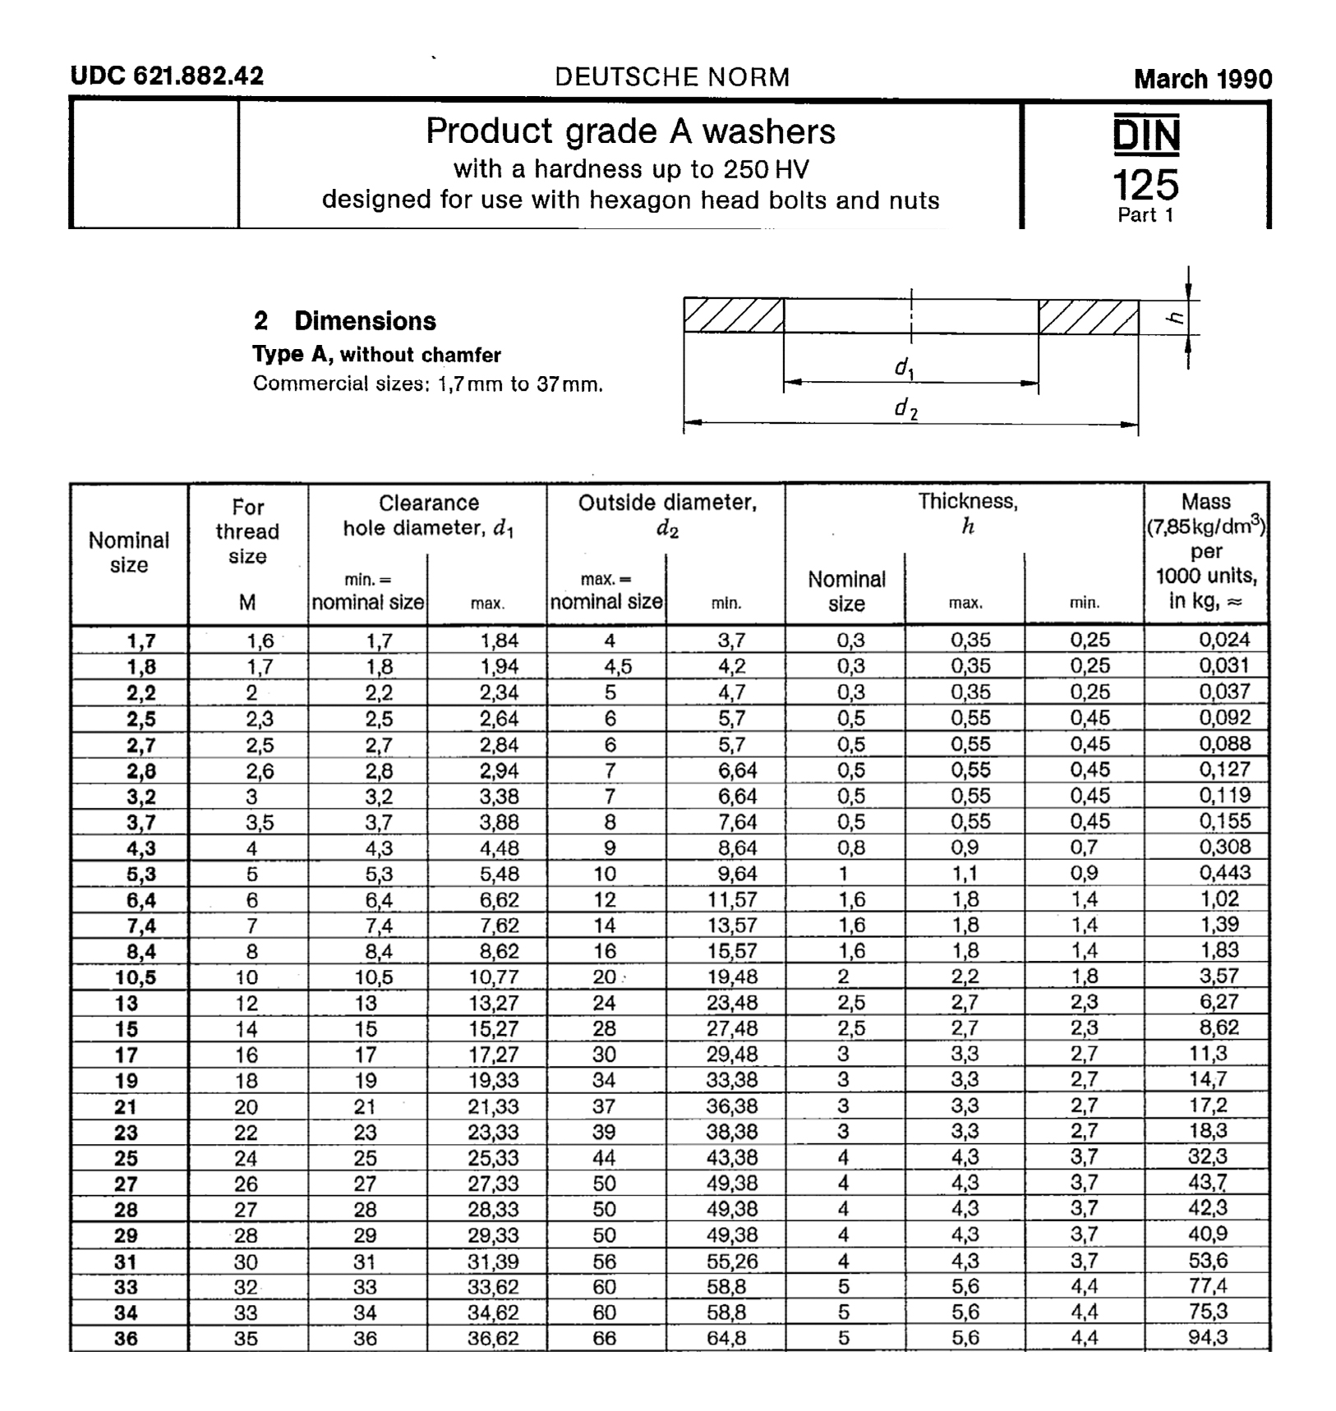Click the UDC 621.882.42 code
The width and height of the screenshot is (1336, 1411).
pos(167,76)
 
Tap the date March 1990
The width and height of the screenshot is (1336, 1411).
pos(1202,79)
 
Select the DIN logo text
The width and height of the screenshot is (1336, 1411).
pos(1146,136)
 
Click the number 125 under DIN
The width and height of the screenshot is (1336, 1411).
pos(1145,184)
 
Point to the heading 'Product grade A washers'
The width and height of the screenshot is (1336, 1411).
pos(630,131)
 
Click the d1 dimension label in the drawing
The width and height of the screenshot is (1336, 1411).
pos(905,368)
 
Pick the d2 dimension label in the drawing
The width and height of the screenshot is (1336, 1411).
pos(905,408)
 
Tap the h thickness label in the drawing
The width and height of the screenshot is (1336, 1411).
pos(1177,317)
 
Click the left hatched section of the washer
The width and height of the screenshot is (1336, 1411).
pos(734,315)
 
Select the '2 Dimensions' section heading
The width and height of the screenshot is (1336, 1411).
pos(345,321)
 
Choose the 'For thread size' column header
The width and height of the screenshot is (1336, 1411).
pos(247,531)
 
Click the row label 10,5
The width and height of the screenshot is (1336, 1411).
pos(136,977)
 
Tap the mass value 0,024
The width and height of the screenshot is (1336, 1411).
pos(1223,640)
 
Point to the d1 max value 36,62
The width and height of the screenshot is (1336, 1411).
pos(493,1339)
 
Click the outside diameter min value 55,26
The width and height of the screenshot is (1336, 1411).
pos(731,1262)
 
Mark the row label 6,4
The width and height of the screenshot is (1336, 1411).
pos(141,900)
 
